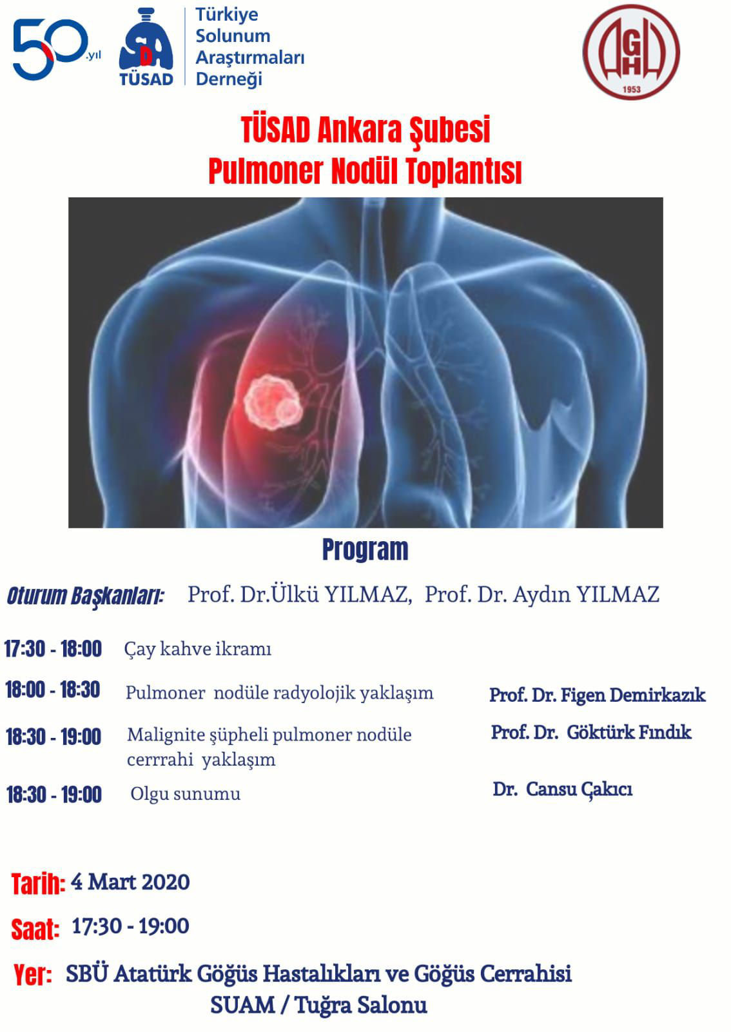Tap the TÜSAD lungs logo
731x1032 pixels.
pos(146,47)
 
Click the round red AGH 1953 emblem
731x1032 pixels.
pos(631,52)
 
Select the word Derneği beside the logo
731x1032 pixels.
pos(229,79)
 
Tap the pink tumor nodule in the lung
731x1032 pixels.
pos(273,402)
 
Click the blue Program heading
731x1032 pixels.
pos(365,550)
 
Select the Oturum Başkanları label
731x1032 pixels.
pos(86,596)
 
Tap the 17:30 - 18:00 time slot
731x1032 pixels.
pos(53,649)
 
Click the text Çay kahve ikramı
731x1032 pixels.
pos(197,649)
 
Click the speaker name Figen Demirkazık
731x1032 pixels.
pos(632,695)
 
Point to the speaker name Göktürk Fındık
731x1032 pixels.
pos(629,732)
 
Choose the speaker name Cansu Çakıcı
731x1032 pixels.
pos(579,789)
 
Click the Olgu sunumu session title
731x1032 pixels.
pos(186,794)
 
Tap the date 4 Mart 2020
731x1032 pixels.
pos(130,882)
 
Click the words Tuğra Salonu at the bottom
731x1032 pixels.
pos(361,1005)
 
